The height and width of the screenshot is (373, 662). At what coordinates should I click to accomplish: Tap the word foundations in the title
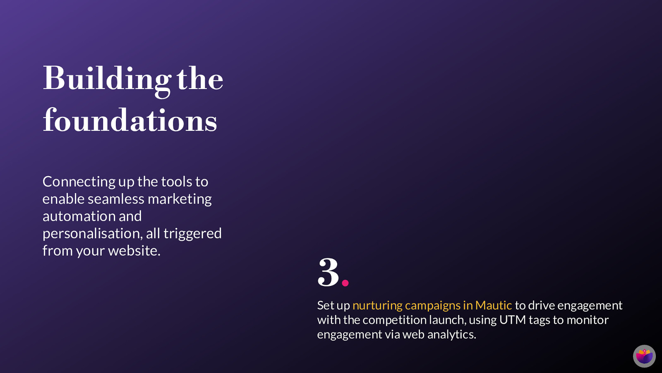(130, 120)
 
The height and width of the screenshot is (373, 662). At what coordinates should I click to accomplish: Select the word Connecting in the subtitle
(79, 182)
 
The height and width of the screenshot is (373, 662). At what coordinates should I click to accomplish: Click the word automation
(79, 216)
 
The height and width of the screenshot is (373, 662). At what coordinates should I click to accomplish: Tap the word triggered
(192, 234)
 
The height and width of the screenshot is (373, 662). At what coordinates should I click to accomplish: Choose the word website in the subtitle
(134, 251)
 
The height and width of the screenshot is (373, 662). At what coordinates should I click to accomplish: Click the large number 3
(328, 272)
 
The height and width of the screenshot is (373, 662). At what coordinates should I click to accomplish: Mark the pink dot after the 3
(345, 283)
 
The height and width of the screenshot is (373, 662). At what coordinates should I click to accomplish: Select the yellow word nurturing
(377, 306)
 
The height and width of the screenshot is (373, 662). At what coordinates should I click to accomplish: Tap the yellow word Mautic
(494, 305)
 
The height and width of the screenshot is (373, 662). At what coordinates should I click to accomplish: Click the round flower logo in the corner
(644, 356)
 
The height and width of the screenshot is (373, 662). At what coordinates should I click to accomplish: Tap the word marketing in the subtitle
(180, 199)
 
